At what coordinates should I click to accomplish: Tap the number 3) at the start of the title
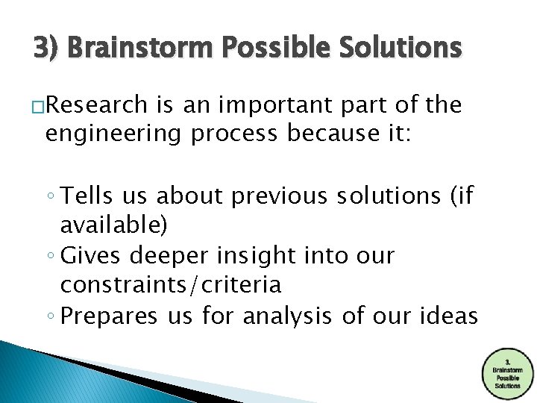tap(46, 49)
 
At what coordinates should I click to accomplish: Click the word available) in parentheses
tap(114, 225)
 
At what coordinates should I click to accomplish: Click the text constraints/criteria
tap(171, 284)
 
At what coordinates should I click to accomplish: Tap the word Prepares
tap(110, 316)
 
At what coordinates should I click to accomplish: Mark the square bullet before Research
tap(39, 108)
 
